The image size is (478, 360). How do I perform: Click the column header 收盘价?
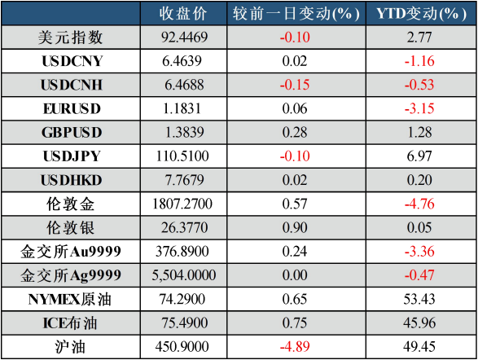183,14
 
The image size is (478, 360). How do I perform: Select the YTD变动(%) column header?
421,14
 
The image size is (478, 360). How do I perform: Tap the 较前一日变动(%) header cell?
296,14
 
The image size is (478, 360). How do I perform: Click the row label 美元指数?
70,37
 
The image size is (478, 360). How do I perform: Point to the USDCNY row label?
72,61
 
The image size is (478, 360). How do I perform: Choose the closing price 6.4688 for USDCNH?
184,85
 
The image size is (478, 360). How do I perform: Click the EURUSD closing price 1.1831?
182,108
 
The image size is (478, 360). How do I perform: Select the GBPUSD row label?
72,132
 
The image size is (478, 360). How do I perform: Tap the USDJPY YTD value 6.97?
419,156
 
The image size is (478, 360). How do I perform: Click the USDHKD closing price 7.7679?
184,180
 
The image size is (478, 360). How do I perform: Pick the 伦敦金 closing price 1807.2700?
182,204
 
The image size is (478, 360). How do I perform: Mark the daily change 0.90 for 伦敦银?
295,228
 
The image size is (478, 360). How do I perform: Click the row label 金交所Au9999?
71,252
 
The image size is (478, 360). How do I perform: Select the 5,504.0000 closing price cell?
184,275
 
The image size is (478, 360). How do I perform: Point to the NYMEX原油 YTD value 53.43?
419,299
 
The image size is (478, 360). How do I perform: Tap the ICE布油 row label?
70,323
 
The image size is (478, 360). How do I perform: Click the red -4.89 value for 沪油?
295,347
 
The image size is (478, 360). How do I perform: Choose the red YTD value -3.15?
419,108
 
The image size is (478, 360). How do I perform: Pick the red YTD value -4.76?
419,204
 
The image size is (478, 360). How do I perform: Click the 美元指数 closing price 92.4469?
184,37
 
